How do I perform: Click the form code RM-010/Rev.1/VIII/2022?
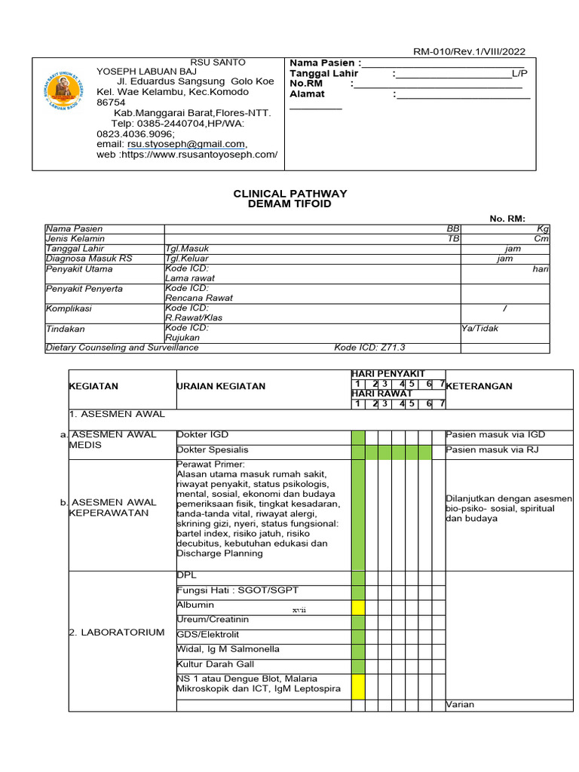469,51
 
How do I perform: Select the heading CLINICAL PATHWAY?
290,194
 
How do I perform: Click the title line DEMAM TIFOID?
290,204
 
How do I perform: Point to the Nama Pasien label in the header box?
323,62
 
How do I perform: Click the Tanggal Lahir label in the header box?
324,73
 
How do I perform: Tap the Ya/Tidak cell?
479,328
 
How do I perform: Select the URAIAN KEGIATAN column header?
221,386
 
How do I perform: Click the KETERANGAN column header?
479,386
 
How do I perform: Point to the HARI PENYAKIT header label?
388,374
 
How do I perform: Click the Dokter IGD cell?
202,435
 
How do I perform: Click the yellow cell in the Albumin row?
358,607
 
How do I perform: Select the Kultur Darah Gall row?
216,664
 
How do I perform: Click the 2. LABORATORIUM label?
117,632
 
